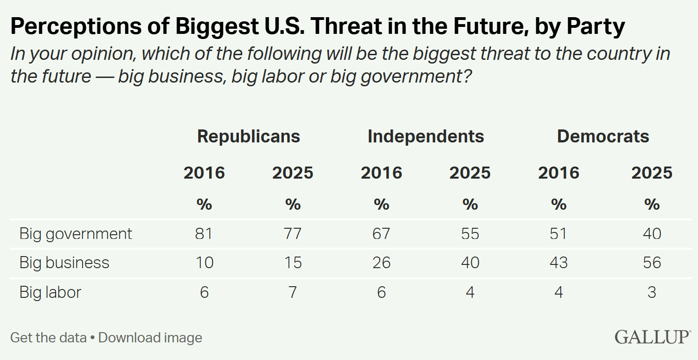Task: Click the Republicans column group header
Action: (249, 136)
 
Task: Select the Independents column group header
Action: (426, 136)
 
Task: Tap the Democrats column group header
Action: (603, 136)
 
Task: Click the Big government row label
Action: (76, 233)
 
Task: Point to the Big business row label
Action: (64, 263)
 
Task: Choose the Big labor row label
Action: (50, 292)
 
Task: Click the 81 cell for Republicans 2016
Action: (204, 233)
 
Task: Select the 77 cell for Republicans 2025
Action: (293, 233)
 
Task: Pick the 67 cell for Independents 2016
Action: (381, 233)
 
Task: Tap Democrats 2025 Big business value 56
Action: (652, 263)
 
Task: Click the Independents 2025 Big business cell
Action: (470, 263)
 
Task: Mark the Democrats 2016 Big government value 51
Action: (558, 233)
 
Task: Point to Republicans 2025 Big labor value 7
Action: (293, 292)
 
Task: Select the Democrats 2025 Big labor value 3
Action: (652, 292)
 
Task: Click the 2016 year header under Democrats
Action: (558, 173)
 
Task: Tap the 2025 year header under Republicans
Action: (293, 173)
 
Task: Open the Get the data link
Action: (48, 337)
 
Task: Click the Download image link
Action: (150, 337)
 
